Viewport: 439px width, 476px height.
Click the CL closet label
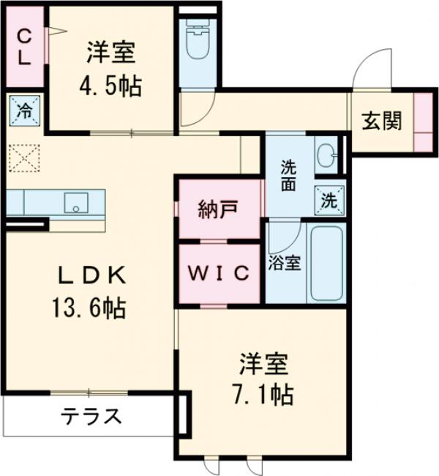23,47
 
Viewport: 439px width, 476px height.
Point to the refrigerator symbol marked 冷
24,112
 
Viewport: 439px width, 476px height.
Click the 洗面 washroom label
288,175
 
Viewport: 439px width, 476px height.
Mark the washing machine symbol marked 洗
329,199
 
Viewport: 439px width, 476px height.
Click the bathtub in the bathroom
327,264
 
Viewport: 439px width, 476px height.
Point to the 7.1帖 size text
264,395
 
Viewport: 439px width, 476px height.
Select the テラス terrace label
91,417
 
